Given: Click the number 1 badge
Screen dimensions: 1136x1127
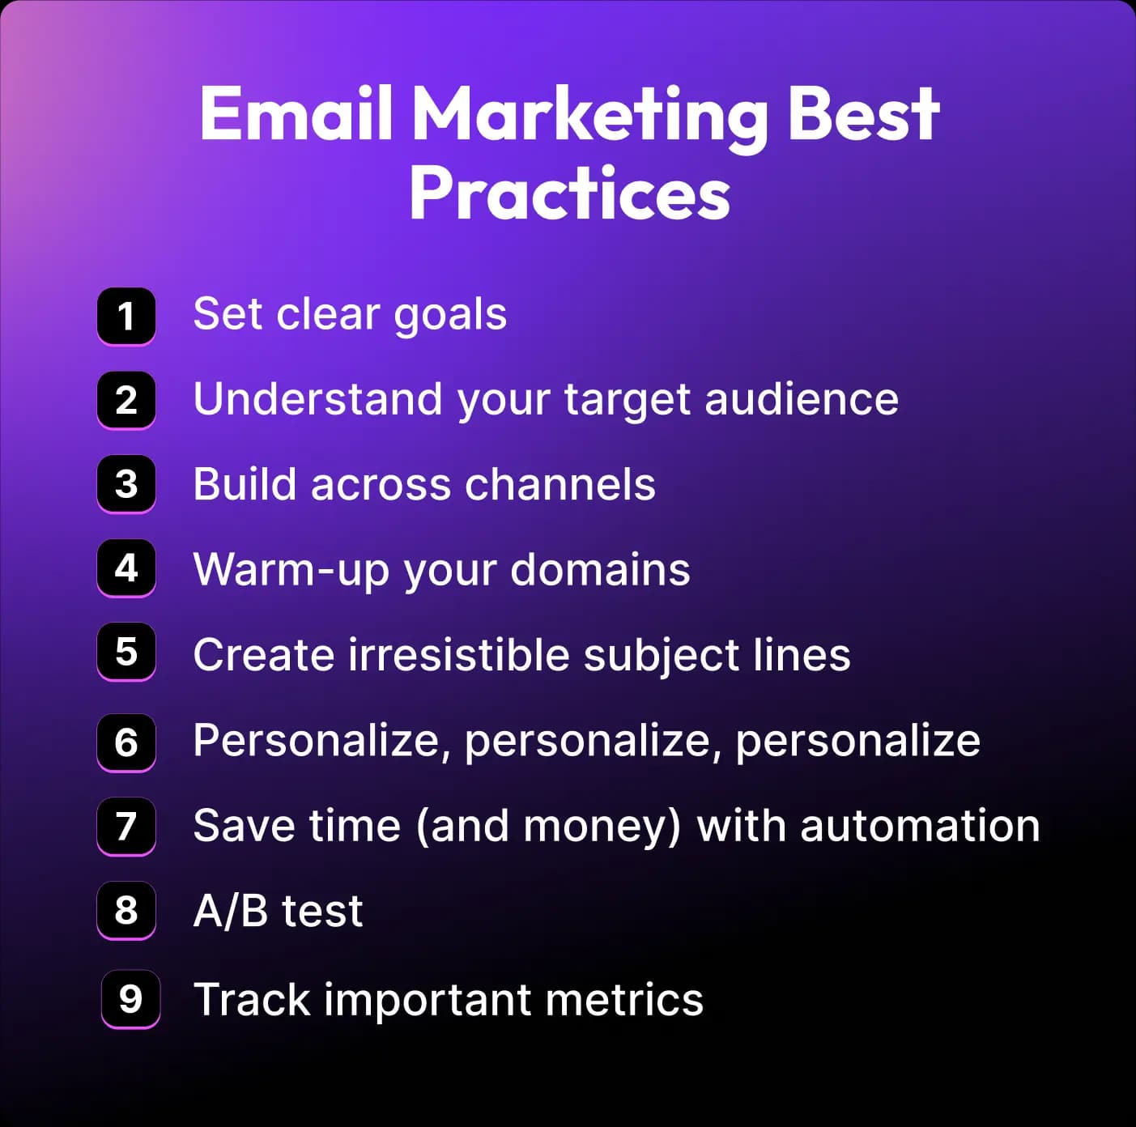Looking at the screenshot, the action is click(x=126, y=317).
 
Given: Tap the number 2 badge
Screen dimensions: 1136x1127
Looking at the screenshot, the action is click(x=126, y=401).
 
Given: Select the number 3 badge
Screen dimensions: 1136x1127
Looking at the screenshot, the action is click(x=126, y=484).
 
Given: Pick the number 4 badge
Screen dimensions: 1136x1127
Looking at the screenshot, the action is click(x=126, y=568).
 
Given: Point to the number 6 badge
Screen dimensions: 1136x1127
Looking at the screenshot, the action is click(x=126, y=742).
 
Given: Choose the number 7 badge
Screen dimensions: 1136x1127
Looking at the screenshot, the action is click(x=126, y=827).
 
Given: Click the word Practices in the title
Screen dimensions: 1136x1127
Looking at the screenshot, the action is click(x=569, y=194).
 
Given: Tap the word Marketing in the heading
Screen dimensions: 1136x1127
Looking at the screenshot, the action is click(x=589, y=118).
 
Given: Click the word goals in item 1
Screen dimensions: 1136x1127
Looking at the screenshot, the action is click(x=450, y=316).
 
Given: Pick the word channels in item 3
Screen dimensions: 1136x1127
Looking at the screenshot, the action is click(x=560, y=484).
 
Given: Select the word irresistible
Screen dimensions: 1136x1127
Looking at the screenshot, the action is click(x=458, y=654).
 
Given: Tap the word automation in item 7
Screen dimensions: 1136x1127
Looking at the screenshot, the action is click(x=921, y=826).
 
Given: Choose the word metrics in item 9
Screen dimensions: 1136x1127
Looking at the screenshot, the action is click(x=624, y=1000).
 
